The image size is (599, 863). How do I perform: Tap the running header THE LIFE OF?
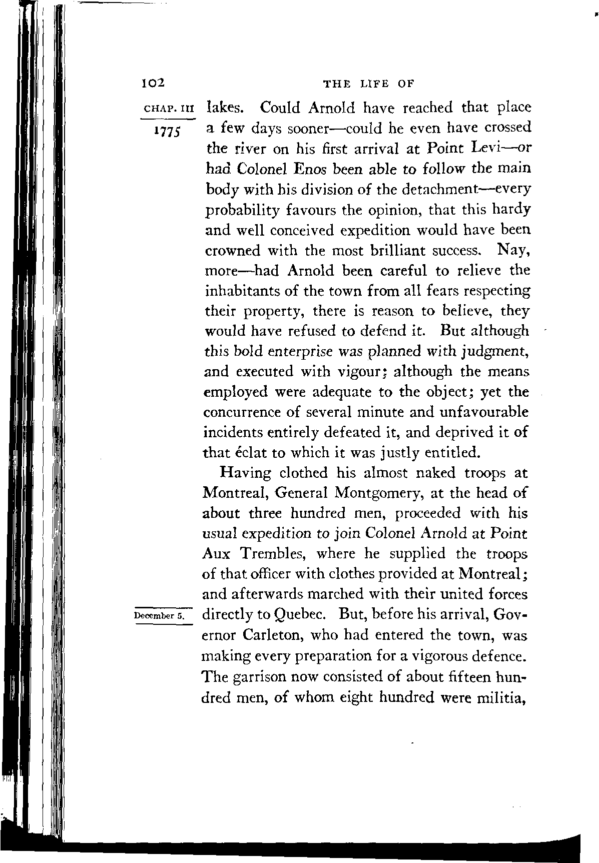click(369, 84)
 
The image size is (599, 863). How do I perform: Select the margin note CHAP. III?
click(169, 109)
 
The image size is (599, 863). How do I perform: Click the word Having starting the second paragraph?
click(246, 473)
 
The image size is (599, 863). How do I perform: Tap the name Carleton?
click(273, 635)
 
